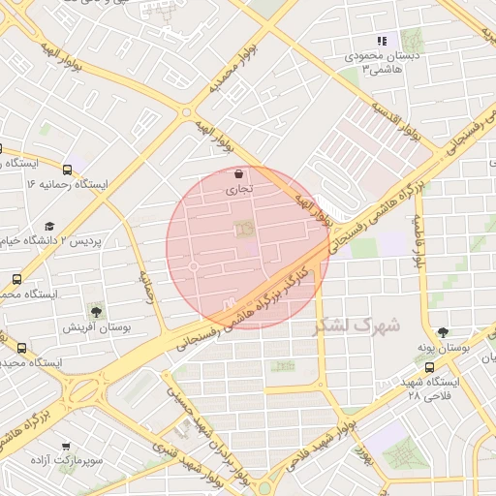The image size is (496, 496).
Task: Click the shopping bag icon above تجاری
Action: [238, 174]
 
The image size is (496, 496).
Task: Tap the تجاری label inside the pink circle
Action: [238, 190]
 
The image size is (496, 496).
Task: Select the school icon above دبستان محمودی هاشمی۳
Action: [382, 42]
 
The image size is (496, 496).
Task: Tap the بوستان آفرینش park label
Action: [91, 327]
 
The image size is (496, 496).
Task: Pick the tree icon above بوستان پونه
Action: [443, 331]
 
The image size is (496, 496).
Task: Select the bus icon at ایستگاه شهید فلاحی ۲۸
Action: [430, 367]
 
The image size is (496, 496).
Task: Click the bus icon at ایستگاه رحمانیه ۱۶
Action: [67, 169]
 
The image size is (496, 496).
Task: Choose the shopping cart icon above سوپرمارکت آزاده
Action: [65, 447]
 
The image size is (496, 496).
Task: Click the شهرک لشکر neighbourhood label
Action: [356, 325]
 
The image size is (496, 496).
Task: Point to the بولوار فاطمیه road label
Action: [419, 242]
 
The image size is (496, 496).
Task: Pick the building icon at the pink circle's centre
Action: [241, 229]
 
